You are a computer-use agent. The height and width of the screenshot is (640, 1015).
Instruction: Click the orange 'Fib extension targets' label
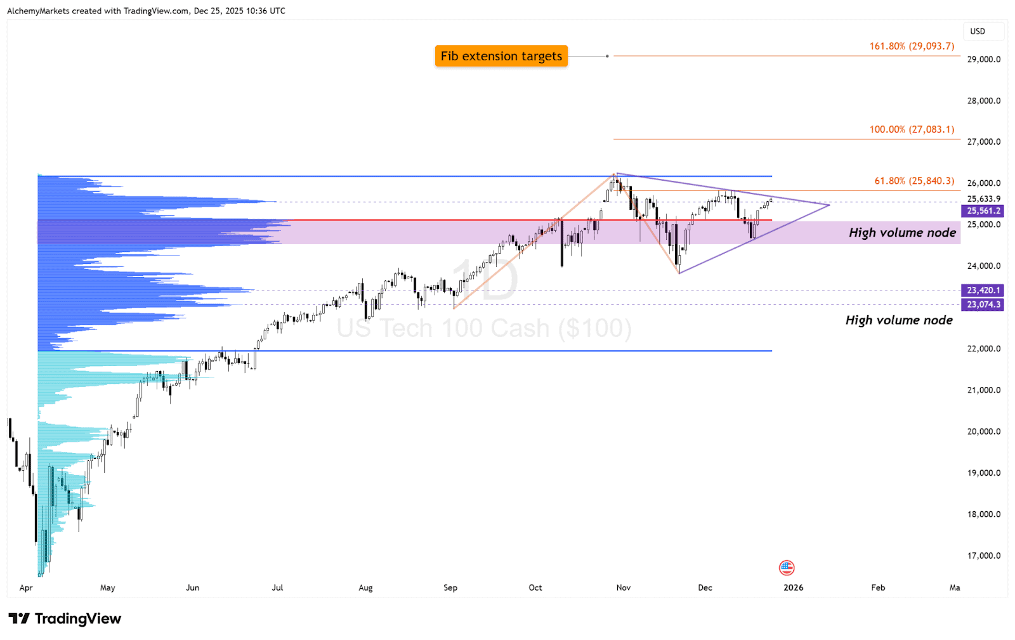coord(501,56)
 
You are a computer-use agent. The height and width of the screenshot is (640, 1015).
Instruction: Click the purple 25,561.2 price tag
coord(983,211)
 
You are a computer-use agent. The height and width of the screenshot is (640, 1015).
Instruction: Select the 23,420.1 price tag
coord(983,291)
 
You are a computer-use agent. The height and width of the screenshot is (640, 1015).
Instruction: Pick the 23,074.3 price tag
coord(983,304)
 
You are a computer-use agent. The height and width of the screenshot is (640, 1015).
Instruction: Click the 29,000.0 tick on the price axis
coord(983,60)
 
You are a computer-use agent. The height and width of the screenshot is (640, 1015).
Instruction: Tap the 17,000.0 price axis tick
coord(983,556)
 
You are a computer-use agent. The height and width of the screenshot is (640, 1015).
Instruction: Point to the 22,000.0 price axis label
coord(983,349)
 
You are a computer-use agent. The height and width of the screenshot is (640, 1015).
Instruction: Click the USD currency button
coord(978,32)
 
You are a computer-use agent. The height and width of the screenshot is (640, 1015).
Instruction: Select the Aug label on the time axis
coord(365,588)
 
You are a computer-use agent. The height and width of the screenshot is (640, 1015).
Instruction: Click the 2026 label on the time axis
coord(793,588)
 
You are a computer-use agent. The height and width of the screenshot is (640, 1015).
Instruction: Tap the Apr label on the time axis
coord(26,588)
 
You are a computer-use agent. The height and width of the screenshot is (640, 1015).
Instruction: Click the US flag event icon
coord(787,568)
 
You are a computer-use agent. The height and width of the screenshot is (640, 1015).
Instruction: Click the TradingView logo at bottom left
coord(65,619)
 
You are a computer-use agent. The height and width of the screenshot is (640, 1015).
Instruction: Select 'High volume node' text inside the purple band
coord(902,233)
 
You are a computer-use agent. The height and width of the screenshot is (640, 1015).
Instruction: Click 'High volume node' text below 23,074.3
coord(899,320)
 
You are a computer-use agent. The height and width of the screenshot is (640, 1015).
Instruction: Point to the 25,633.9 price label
coord(983,199)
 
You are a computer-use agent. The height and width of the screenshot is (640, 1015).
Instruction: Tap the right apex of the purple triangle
coord(829,205)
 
